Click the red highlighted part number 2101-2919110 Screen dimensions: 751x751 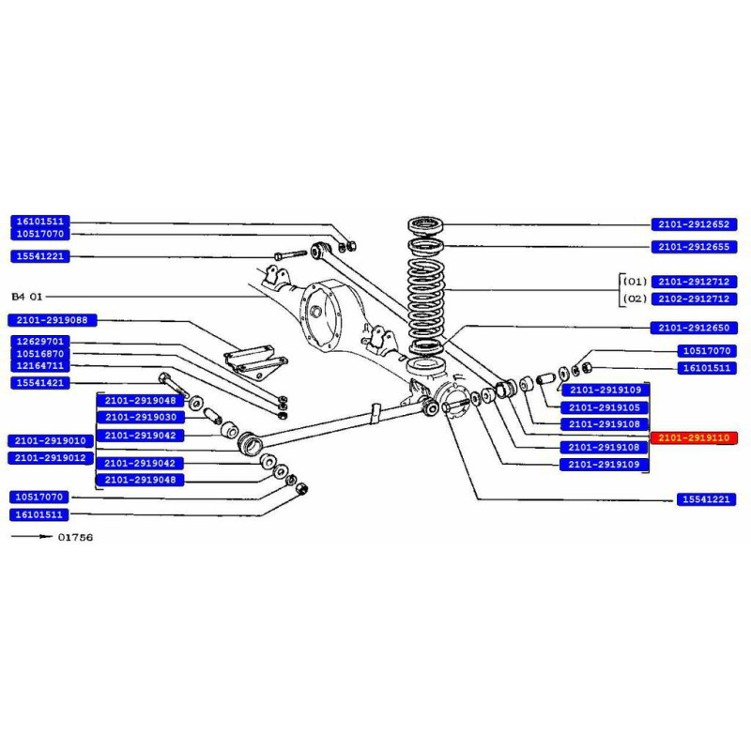click(696, 437)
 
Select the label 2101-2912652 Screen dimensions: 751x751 click(696, 224)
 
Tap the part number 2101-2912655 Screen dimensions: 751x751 click(696, 247)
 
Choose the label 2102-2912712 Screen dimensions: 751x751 click(696, 299)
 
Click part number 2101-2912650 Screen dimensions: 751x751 click(696, 328)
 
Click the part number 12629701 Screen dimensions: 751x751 click(39, 341)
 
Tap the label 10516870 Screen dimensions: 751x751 click(39, 353)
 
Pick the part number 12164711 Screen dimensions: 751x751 click(39, 365)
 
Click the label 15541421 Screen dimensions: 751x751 click(39, 383)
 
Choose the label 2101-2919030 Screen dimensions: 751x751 click(141, 417)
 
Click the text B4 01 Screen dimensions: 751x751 click(27, 297)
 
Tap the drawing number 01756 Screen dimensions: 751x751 click(75, 538)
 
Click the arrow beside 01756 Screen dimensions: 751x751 click(30, 538)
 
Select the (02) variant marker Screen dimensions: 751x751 click(636, 299)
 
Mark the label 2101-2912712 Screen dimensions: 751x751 click(696, 281)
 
